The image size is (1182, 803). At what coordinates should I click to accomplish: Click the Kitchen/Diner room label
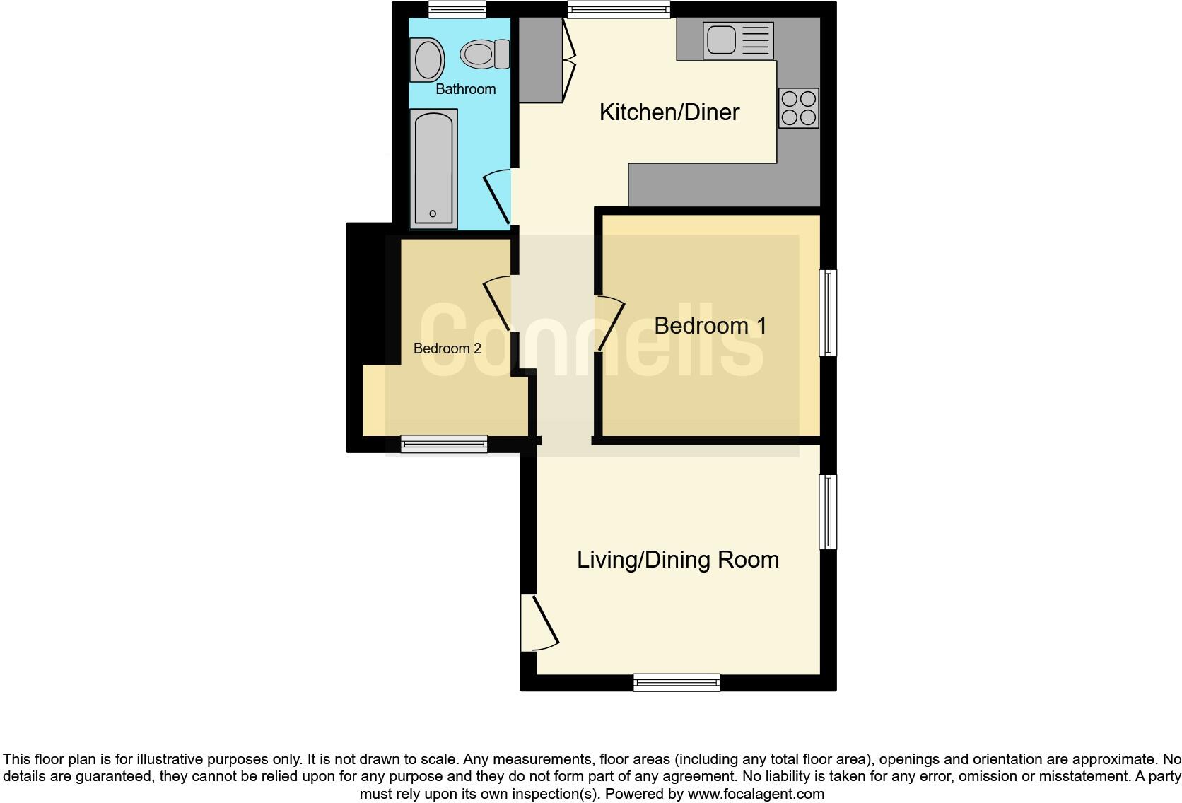(x=669, y=112)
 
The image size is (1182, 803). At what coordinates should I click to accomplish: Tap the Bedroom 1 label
(x=710, y=326)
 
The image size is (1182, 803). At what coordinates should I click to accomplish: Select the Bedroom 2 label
(x=447, y=348)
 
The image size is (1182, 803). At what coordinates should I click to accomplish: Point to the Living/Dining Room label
(x=677, y=560)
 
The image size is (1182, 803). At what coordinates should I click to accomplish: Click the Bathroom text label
(x=465, y=89)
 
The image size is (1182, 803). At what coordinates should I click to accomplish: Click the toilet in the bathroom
(x=484, y=54)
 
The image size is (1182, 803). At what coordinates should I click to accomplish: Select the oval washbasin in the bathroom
(x=428, y=60)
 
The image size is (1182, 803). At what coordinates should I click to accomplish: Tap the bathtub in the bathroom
(x=433, y=169)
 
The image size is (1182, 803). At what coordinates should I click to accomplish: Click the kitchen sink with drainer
(x=737, y=40)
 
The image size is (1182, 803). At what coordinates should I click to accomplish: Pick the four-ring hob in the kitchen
(x=799, y=108)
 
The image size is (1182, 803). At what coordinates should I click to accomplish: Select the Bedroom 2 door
(x=498, y=304)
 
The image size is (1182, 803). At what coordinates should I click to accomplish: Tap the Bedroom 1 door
(x=611, y=323)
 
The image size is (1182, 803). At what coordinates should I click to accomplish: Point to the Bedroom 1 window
(x=828, y=312)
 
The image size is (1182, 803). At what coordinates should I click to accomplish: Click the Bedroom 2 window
(x=444, y=444)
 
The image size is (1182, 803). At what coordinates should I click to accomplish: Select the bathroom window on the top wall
(x=457, y=9)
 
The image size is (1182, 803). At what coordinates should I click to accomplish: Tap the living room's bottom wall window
(x=677, y=682)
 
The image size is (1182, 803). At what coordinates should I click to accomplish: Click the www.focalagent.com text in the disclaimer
(x=755, y=794)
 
